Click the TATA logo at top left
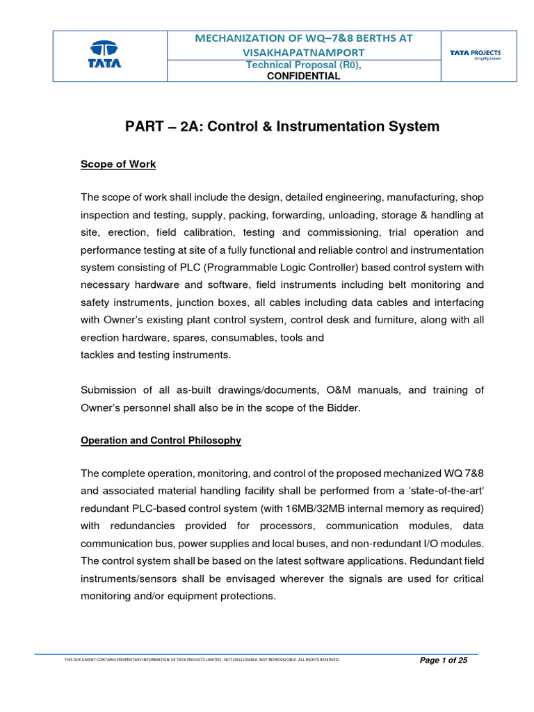[105, 56]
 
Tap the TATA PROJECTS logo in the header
[475, 55]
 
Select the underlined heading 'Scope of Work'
[118, 164]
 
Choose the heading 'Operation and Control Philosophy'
[161, 440]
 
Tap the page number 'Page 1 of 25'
[444, 661]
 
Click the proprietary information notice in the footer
[202, 660]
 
